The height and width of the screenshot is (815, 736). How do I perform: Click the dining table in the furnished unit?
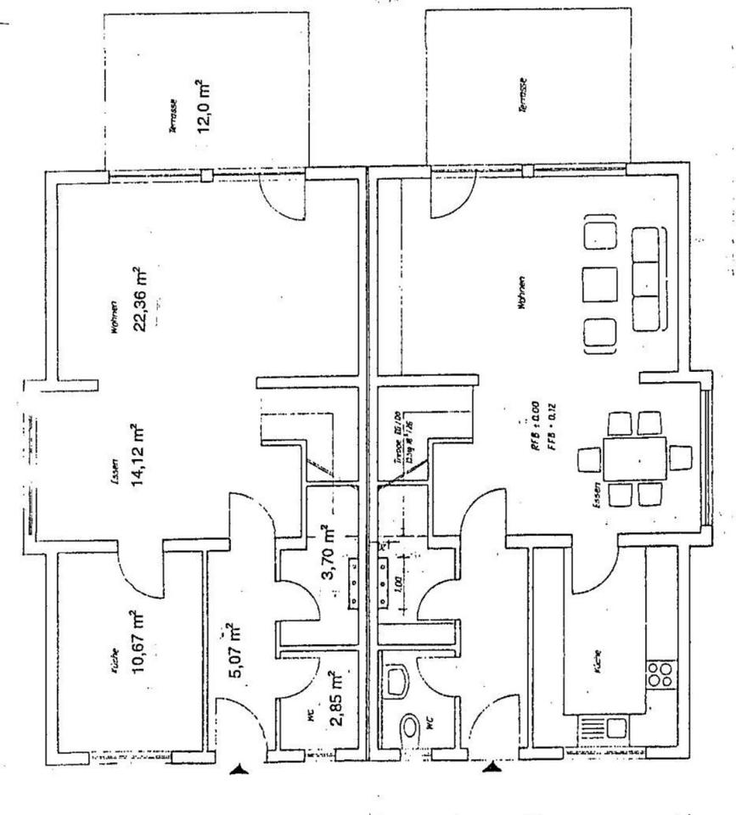tap(634, 458)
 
